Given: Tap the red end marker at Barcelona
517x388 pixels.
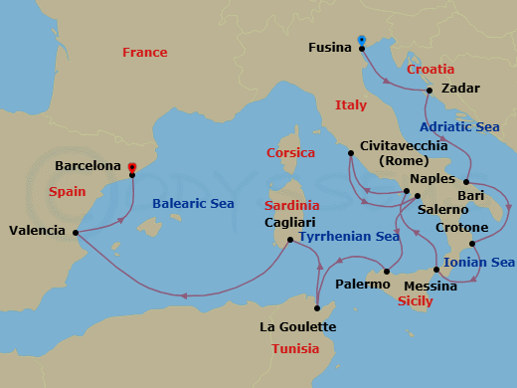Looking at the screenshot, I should pos(131,168).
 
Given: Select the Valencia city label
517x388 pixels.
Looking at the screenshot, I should pos(37,231).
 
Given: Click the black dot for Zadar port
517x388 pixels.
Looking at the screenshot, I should pos(429,91).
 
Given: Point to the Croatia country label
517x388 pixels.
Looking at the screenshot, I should pos(431,70).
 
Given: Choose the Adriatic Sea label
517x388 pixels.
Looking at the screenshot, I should pos(459,127).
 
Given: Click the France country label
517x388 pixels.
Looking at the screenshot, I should pos(144,52).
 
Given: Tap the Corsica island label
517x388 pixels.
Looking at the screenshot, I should pos(290,152).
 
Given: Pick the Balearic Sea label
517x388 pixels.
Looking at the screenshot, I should pos(193,204).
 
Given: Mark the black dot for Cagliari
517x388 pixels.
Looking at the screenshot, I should pos(289,240).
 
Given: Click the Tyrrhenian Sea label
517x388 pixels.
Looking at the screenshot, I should pos(351,237).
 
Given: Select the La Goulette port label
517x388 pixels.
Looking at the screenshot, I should pos(297,326).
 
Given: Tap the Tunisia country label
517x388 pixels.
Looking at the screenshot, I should pos(295,348).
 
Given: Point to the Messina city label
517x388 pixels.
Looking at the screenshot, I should pos(431,286).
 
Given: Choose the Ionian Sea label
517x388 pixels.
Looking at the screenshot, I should pos(479,262).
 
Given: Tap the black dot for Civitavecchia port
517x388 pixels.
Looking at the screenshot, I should pos(350,153).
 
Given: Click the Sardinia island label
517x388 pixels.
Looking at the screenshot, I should pos(290,205).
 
